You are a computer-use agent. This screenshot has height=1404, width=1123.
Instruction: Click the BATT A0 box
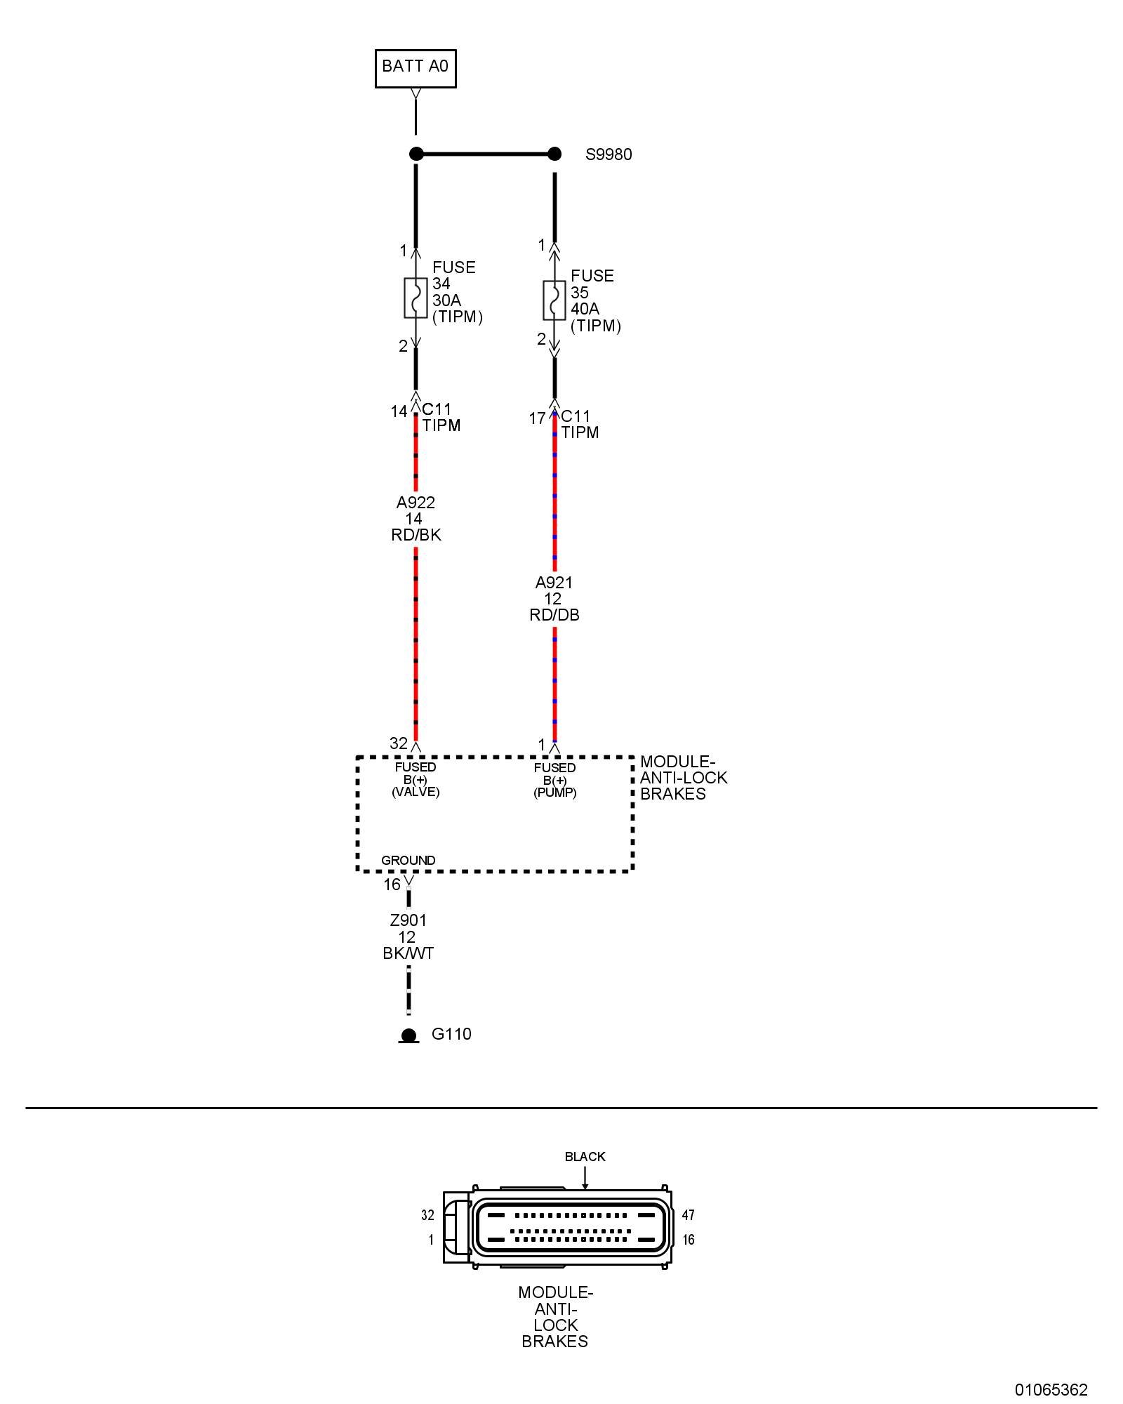tap(415, 68)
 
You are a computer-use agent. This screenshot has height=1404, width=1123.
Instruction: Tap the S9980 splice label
tap(609, 154)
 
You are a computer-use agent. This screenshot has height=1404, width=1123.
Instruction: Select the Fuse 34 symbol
tap(416, 298)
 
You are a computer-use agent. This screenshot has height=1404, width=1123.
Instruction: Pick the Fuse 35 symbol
tap(554, 300)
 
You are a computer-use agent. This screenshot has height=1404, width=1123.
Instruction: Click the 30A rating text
tap(446, 300)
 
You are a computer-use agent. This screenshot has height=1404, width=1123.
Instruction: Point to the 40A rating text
tap(585, 309)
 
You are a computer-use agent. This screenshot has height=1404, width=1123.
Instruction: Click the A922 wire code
tap(416, 503)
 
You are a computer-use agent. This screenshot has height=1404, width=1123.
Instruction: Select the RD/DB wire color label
tap(554, 615)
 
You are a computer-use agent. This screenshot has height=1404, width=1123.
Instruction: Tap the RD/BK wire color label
tap(416, 535)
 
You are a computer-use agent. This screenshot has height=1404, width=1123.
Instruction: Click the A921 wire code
tap(554, 583)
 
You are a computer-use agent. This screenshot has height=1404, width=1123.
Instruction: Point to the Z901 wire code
tap(408, 920)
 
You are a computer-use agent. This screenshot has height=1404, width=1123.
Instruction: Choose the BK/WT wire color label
tap(408, 953)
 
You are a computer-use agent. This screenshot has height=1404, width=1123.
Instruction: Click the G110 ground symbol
tap(408, 1035)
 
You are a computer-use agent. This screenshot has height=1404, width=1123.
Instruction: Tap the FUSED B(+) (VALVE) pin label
tap(416, 779)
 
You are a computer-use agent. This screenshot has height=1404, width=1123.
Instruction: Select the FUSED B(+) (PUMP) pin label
tap(554, 780)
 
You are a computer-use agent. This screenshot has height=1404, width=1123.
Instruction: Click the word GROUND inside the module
tap(408, 861)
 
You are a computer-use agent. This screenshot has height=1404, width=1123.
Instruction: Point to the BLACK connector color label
tap(585, 1157)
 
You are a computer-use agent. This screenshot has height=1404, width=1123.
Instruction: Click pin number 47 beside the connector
tap(688, 1215)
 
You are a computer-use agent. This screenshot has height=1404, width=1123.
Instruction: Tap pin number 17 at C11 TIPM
tap(537, 419)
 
